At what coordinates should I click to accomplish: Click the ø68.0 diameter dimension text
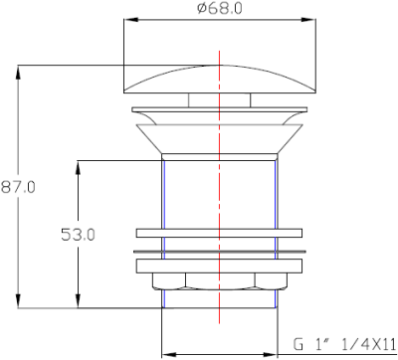point(220,8)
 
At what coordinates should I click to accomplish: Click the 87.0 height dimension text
point(18,188)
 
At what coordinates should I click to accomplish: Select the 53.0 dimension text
point(78,235)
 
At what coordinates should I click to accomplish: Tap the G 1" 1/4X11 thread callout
point(344,344)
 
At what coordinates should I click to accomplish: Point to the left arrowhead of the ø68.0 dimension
point(130,20)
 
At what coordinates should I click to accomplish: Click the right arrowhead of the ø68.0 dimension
point(308,20)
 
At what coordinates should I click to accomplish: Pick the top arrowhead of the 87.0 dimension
point(19,72)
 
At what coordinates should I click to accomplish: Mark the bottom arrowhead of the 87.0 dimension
point(19,301)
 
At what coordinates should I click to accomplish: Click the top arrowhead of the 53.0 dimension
point(78,168)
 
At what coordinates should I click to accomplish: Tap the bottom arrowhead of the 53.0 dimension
point(78,301)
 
